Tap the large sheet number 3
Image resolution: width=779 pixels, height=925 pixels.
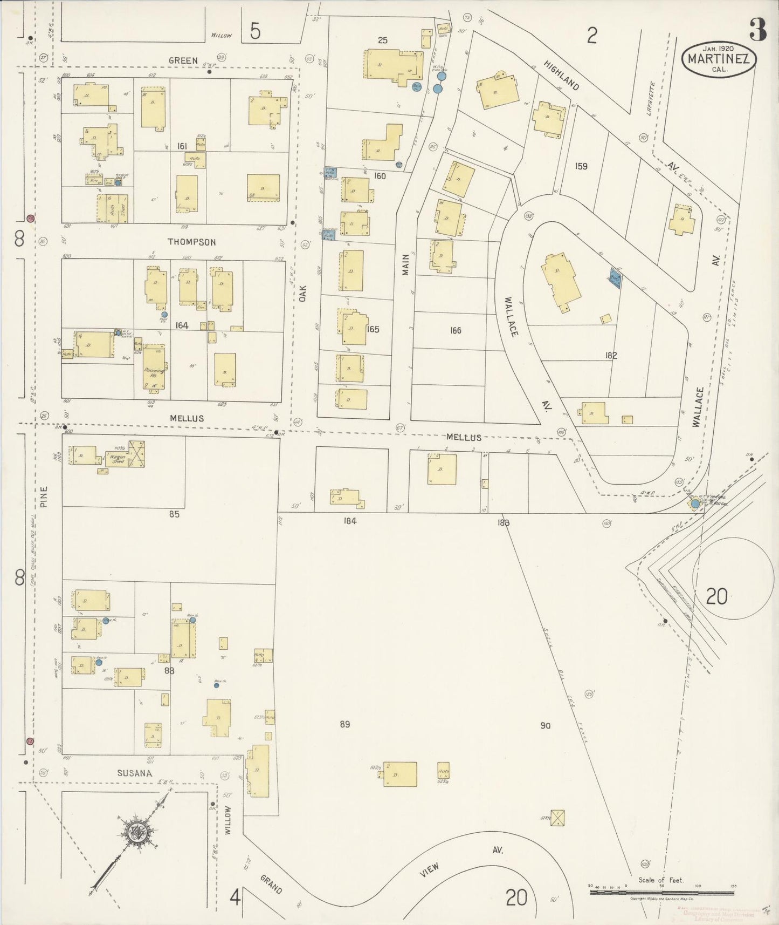[757, 31]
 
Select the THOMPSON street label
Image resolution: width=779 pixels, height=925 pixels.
[191, 242]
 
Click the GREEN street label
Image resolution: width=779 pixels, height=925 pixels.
[183, 60]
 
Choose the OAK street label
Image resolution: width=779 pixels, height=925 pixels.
[302, 293]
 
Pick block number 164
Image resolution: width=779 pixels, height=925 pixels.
[182, 325]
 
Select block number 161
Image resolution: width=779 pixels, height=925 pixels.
[182, 146]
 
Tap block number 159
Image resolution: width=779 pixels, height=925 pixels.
[581, 166]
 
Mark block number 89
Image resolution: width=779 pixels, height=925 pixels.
[345, 724]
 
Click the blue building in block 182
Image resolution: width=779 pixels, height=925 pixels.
[615, 277]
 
